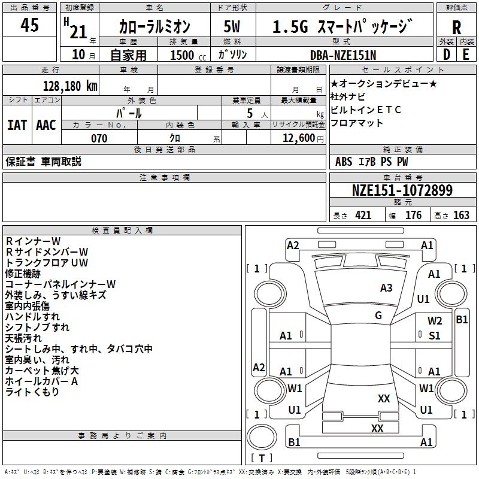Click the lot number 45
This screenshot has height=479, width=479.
pyautogui.click(x=30, y=25)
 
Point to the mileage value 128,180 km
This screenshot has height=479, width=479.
pyautogui.click(x=70, y=86)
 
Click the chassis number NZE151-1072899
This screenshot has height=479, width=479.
pyautogui.click(x=402, y=191)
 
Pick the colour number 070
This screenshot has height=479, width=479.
pyautogui.click(x=99, y=138)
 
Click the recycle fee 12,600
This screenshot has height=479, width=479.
pyautogui.click(x=298, y=138)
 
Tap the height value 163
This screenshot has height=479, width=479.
pyautogui.click(x=461, y=216)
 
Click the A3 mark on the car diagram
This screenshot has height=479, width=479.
pyautogui.click(x=386, y=288)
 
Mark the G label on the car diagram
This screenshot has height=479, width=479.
pyautogui.click(x=378, y=316)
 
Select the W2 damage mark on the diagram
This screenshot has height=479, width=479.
pyautogui.click(x=435, y=321)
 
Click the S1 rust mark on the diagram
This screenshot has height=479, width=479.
pyautogui.click(x=435, y=336)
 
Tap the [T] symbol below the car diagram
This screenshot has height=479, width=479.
pyautogui.click(x=262, y=459)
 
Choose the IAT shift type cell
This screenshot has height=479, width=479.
pyautogui.click(x=17, y=125)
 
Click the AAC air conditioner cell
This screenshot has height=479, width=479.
pyautogui.click(x=46, y=125)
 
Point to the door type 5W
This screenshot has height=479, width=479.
pyautogui.click(x=232, y=27)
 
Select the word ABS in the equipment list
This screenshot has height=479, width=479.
pyautogui.click(x=344, y=161)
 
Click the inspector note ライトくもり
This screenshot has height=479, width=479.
pyautogui.click(x=32, y=392)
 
